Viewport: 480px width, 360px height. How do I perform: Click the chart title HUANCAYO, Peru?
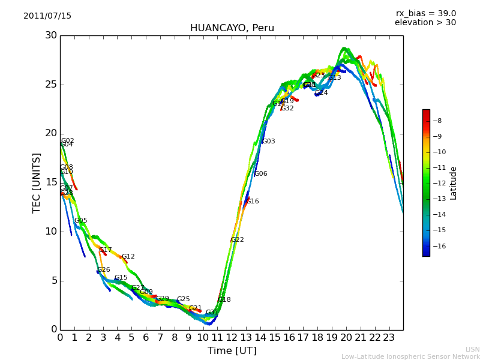point(232,28)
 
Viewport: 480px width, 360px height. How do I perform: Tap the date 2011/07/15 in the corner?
point(47,16)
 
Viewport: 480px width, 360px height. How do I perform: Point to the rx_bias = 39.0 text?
point(425,14)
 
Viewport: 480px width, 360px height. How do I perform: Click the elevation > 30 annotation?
point(425,23)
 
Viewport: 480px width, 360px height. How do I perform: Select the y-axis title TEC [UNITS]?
point(37,182)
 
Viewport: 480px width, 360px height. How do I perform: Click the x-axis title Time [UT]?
point(232,351)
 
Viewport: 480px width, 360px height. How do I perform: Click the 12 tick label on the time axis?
point(232,338)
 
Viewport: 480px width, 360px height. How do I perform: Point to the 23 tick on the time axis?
point(389,338)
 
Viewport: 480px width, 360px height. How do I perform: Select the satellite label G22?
point(237,240)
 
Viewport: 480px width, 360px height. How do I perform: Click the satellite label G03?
point(268,142)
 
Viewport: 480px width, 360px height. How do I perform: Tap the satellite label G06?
point(260,174)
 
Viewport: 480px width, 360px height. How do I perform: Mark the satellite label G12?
point(128,257)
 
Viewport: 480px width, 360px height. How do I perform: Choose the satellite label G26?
point(103,270)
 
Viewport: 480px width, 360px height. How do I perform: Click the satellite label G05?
point(80,221)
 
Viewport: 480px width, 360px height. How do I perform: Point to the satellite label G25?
point(183,299)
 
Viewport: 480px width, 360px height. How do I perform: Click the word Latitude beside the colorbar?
point(454,183)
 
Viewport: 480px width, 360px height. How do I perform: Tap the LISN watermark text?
point(472,349)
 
